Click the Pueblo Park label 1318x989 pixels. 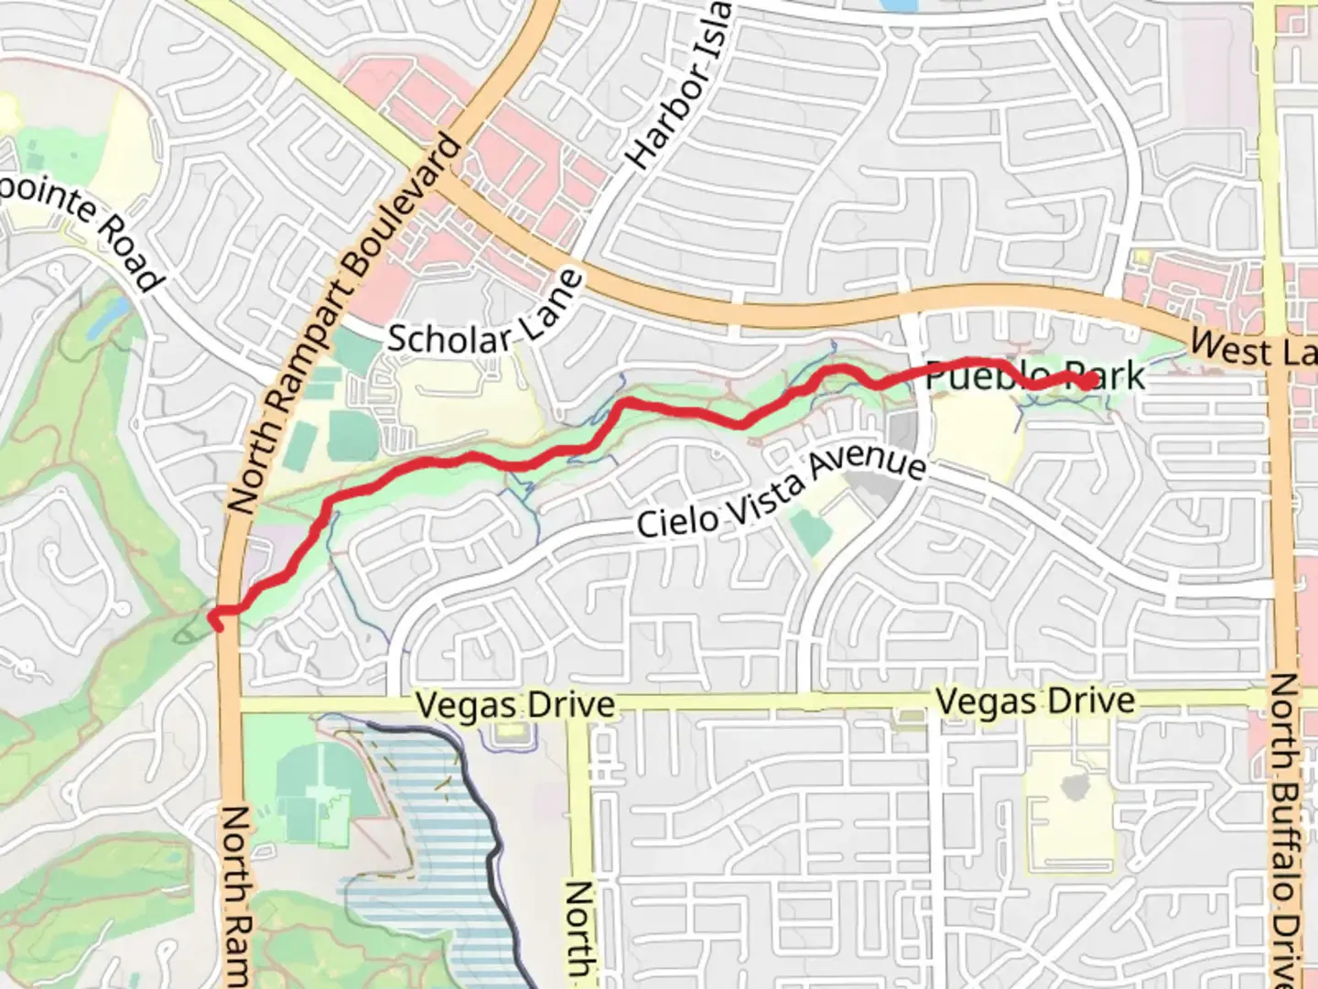pyautogui.click(x=1035, y=375)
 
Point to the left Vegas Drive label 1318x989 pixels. pyautogui.click(x=514, y=705)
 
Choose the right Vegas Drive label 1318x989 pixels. pyautogui.click(x=1035, y=702)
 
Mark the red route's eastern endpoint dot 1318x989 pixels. pyautogui.click(x=1087, y=381)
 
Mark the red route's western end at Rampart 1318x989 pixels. pyautogui.click(x=216, y=620)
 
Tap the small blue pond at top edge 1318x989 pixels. pyautogui.click(x=902, y=6)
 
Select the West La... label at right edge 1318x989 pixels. pyautogui.click(x=1254, y=349)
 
